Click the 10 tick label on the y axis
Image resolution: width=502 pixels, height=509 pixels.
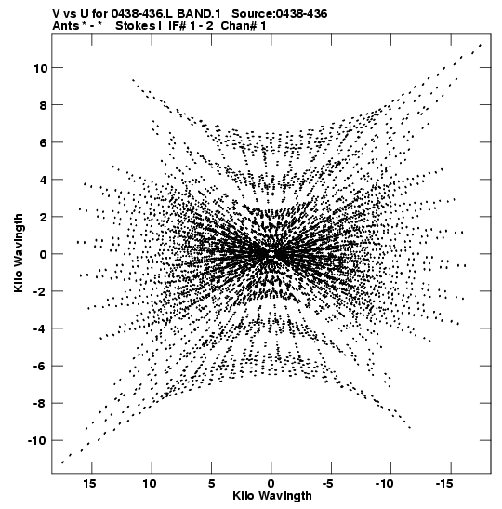(x=40, y=68)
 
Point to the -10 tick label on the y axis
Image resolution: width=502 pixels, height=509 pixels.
(x=37, y=441)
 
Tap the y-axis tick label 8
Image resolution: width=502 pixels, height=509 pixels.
(x=44, y=105)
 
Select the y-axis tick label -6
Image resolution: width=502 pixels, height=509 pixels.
(x=41, y=367)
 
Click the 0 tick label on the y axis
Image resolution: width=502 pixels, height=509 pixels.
(x=44, y=255)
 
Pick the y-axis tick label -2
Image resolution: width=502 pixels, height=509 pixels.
(x=41, y=291)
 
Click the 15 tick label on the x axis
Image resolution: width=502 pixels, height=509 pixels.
(x=90, y=484)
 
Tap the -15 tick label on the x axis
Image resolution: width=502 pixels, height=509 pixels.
(x=444, y=484)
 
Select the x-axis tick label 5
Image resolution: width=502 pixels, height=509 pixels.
(x=211, y=484)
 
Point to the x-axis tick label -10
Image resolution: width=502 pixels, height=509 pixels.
(x=384, y=484)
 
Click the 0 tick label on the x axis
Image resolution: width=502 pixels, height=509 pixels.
(x=271, y=484)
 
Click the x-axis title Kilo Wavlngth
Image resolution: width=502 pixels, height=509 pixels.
(x=272, y=496)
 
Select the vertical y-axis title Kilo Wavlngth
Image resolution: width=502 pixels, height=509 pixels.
(x=19, y=253)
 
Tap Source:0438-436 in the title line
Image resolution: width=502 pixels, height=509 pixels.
(x=280, y=14)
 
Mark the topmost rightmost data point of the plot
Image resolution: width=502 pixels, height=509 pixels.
(x=481, y=45)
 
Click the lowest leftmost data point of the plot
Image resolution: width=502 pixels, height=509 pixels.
(x=62, y=462)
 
